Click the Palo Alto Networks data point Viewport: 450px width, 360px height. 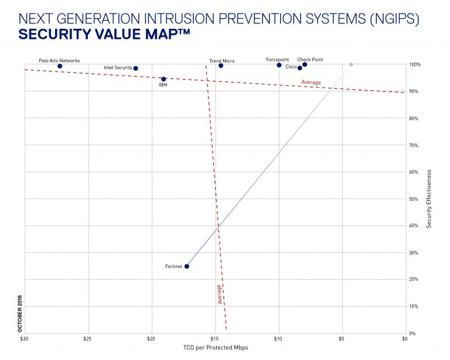click(60, 66)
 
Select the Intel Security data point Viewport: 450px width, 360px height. click(135, 69)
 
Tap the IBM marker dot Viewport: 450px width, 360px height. click(163, 79)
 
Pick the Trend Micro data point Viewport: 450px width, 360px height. click(221, 66)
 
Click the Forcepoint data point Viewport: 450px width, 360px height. click(279, 65)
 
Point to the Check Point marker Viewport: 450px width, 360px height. click(305, 64)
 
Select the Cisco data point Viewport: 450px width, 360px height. click(300, 68)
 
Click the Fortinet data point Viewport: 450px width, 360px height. click(187, 266)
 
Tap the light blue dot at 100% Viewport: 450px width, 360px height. click(351, 64)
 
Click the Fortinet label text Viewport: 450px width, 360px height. click(174, 267)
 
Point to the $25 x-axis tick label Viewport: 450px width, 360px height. click(87, 339)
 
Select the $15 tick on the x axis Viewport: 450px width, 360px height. click(214, 339)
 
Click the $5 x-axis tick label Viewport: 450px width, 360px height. click(341, 339)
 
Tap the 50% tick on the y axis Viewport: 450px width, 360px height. click(413, 199)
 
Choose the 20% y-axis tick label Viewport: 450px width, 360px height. click(413, 280)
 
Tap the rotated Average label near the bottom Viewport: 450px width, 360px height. click(220, 294)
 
